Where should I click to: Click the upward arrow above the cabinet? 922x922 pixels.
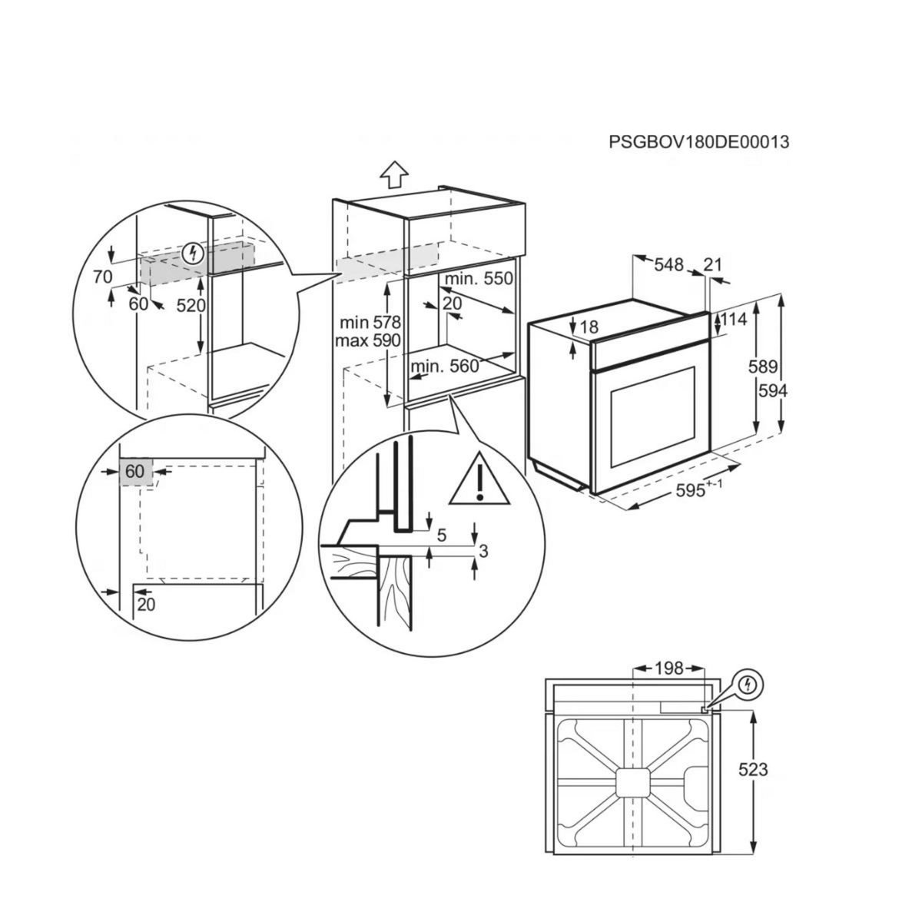[x=393, y=174]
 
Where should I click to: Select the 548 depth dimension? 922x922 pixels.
[x=668, y=265]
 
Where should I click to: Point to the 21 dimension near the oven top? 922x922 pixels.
[x=713, y=265]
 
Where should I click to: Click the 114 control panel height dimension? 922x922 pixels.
[x=735, y=320]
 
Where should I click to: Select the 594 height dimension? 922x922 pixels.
[x=773, y=391]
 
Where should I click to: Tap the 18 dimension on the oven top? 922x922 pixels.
[x=588, y=327]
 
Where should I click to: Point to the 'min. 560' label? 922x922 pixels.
[x=445, y=366]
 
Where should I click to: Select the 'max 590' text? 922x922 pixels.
[x=367, y=340]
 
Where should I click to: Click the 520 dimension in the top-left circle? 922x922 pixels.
[x=191, y=305]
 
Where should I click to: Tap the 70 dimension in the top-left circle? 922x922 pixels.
[x=103, y=277]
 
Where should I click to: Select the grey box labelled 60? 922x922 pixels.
[x=136, y=471]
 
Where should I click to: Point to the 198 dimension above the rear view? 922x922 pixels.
[x=668, y=668]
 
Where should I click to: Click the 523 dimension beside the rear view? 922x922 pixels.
[x=752, y=769]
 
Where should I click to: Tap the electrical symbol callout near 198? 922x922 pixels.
[x=751, y=683]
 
